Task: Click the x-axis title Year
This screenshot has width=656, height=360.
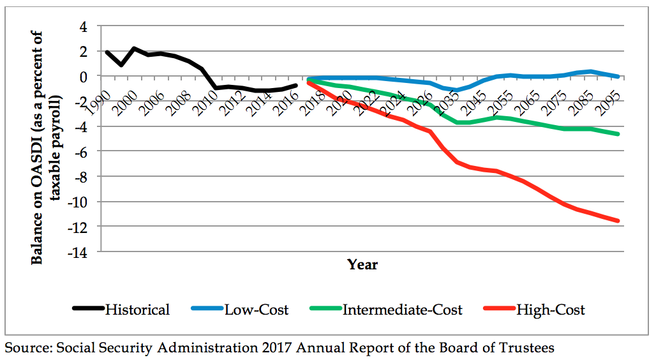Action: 362,264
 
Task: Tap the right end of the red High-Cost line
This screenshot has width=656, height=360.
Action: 618,221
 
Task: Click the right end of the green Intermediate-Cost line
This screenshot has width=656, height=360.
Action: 618,134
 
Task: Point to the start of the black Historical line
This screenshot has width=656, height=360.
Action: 107,52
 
